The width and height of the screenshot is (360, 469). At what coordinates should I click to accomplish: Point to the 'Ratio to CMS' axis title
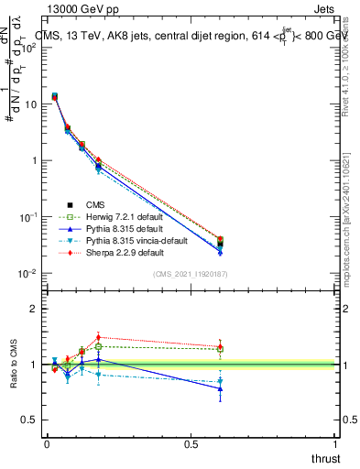(x=14, y=365)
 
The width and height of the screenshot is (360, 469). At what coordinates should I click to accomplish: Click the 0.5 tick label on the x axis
(x=191, y=444)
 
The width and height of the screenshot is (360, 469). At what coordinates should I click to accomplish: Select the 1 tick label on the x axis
(x=336, y=444)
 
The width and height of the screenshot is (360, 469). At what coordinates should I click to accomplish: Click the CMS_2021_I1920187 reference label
(x=191, y=274)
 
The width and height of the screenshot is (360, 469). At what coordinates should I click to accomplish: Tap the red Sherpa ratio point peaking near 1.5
(x=98, y=337)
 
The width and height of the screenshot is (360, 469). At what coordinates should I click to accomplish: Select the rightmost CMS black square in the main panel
(x=220, y=244)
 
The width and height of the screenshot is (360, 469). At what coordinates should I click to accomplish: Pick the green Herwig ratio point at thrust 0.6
(x=220, y=349)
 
